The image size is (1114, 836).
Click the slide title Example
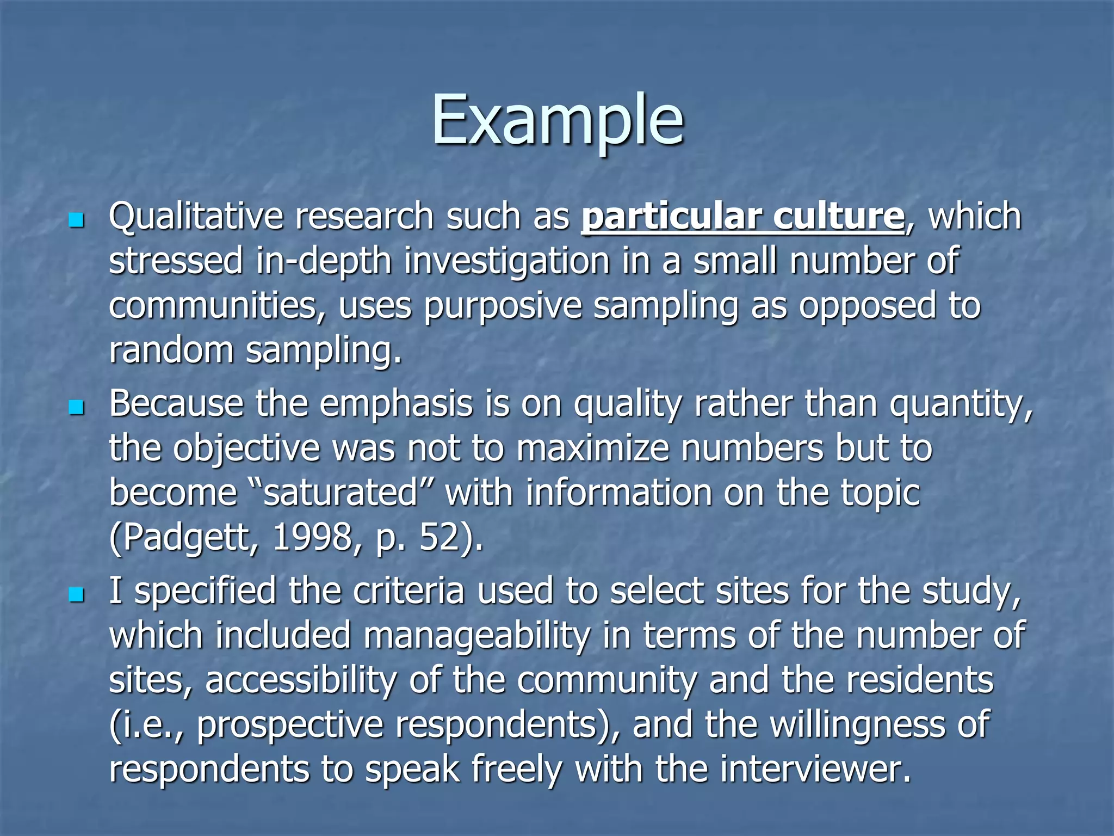[x=557, y=121]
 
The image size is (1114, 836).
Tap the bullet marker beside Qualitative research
[x=77, y=220]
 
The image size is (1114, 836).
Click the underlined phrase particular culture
[x=742, y=217]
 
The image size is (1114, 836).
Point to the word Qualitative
[x=196, y=217]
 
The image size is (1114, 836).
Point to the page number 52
[x=441, y=538]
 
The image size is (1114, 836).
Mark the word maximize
[x=592, y=449]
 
